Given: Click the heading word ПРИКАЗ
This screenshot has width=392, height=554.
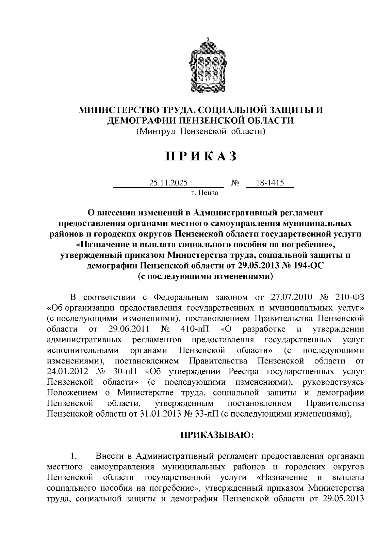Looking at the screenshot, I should tap(201, 157).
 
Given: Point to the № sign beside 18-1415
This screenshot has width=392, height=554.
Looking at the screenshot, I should tap(235, 183).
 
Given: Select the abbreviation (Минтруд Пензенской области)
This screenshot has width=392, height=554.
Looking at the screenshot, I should tap(200, 131).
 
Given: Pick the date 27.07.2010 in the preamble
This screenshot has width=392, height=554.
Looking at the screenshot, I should tap(292, 297).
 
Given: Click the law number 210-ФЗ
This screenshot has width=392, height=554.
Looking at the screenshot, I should tap(350, 297).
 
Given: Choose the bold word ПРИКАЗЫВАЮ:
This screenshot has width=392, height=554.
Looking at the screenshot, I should tap(218, 435).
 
